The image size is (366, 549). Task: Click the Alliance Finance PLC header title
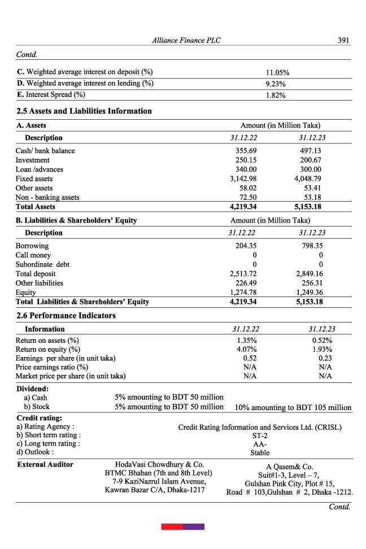[x=186, y=41]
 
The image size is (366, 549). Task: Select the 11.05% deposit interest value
[x=277, y=73]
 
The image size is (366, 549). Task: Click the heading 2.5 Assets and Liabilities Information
[x=84, y=111]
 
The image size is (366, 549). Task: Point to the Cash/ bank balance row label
[x=45, y=151]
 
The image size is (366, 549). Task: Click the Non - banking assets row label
[x=47, y=197]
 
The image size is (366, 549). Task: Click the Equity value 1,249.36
[x=310, y=292]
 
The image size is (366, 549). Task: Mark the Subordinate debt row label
[x=42, y=264]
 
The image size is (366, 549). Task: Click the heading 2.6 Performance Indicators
[x=66, y=316]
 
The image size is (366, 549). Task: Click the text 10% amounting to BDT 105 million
[x=293, y=407]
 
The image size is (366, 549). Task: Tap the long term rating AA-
[x=260, y=444]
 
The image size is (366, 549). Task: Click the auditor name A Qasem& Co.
[x=289, y=467]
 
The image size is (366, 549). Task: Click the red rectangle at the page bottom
[x=172, y=526]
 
